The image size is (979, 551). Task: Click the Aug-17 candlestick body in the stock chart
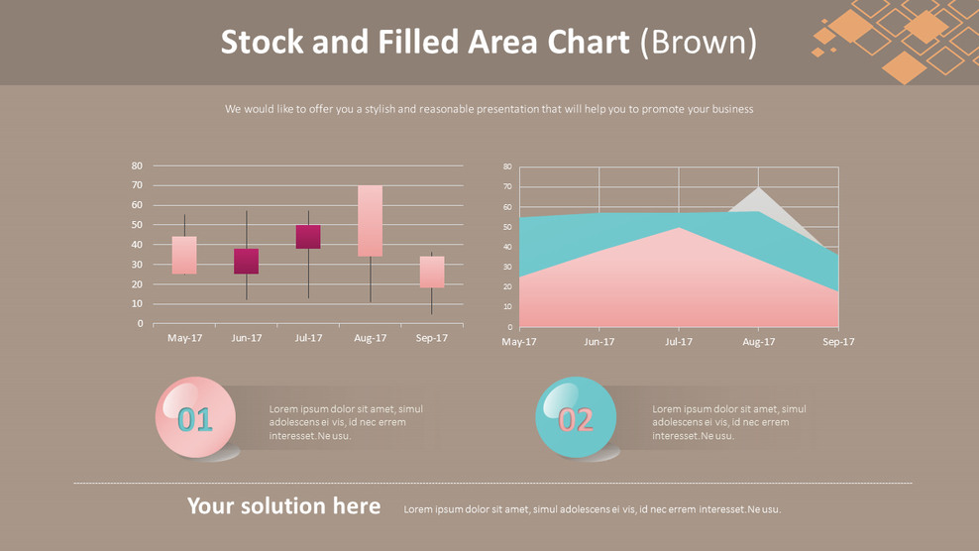(370, 221)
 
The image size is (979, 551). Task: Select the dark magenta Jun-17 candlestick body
(246, 261)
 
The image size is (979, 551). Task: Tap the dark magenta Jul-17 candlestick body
(308, 237)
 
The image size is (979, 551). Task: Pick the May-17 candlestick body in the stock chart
(184, 255)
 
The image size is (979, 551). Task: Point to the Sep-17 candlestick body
(432, 272)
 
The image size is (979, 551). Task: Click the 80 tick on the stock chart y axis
(137, 165)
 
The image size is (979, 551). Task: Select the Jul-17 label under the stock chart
(308, 338)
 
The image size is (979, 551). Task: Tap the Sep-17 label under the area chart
(837, 342)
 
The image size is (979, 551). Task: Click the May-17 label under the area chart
(519, 342)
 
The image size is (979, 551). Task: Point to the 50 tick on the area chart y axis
(507, 227)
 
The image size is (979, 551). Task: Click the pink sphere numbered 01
(195, 418)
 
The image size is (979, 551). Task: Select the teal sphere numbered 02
(575, 418)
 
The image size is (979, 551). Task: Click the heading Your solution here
(283, 506)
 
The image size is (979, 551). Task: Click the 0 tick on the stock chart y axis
(140, 324)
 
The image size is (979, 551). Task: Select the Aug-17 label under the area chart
(758, 342)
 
